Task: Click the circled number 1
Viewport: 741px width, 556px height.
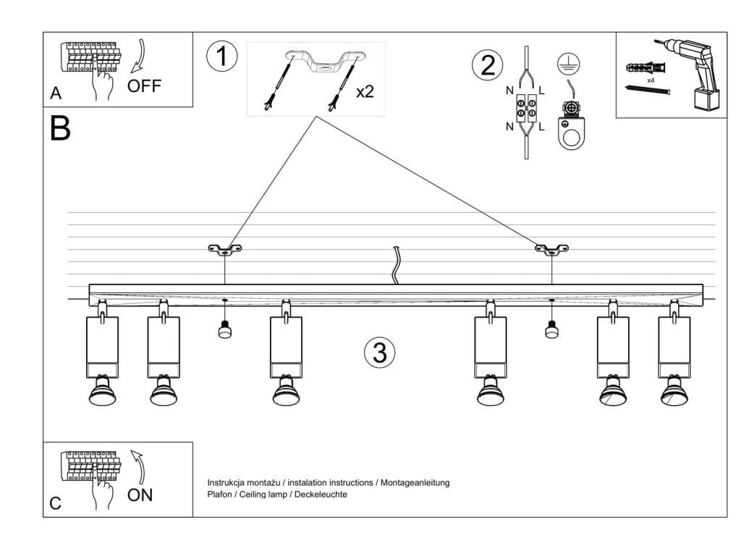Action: [221, 57]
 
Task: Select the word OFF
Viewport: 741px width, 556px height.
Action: [145, 86]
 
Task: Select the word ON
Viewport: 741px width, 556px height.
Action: [140, 495]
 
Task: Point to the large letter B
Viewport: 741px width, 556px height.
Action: [61, 129]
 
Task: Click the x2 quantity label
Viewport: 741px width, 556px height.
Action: [365, 92]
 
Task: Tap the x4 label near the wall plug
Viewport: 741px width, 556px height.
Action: [651, 80]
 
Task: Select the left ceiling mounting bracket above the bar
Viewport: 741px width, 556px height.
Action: [225, 250]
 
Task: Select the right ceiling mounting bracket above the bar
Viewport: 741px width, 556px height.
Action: [551, 250]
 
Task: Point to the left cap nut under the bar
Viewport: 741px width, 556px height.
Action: [224, 330]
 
